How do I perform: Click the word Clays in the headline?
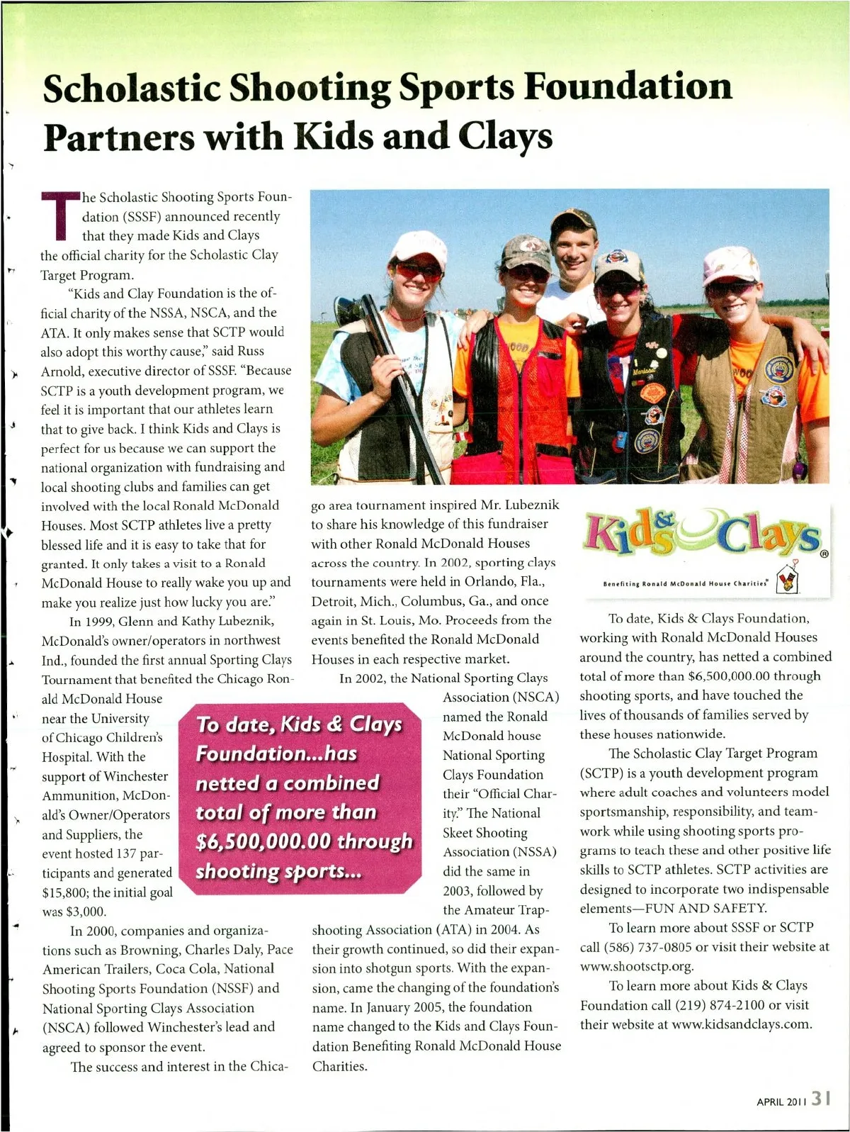(505, 136)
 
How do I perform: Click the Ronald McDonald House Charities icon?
(788, 580)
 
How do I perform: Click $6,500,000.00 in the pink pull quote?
(263, 841)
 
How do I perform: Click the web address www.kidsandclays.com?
(741, 1024)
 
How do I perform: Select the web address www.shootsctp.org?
(637, 966)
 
